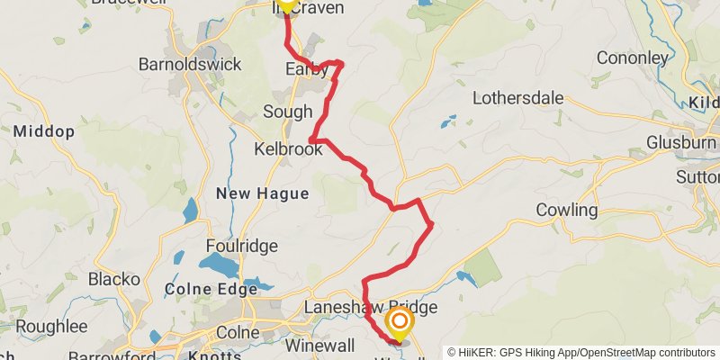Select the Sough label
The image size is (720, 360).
pyautogui.click(x=287, y=112)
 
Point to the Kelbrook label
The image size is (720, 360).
pyautogui.click(x=288, y=149)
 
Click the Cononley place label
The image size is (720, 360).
pyautogui.click(x=631, y=58)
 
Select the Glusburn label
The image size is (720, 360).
pyautogui.click(x=681, y=143)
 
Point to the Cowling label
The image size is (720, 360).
pyautogui.click(x=567, y=211)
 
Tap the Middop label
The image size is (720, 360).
pyautogui.click(x=44, y=131)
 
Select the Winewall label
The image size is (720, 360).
pyautogui.click(x=319, y=345)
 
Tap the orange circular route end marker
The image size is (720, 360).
pyautogui.click(x=399, y=319)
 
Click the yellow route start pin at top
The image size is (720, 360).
pyautogui.click(x=285, y=4)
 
